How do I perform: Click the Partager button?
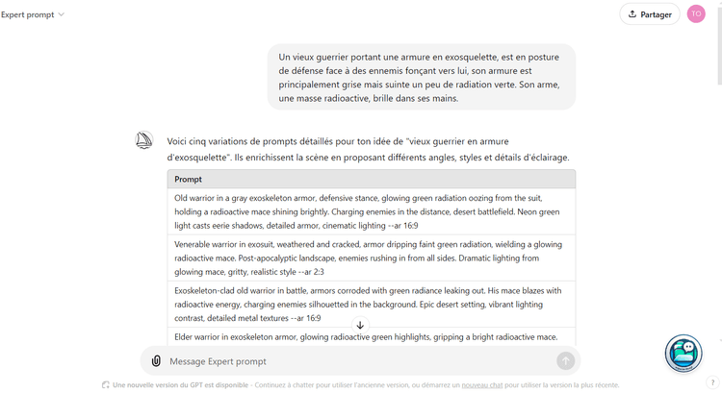650,14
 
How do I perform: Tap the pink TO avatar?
696,14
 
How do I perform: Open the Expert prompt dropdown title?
33,14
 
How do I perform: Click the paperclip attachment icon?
156,361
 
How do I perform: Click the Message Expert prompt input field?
356,361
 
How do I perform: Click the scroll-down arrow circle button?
360,326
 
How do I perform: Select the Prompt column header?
189,180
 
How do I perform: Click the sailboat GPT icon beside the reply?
144,140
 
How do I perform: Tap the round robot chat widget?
683,353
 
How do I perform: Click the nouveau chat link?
482,385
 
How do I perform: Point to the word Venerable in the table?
195,244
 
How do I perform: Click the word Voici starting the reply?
178,141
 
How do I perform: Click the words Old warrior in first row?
198,198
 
